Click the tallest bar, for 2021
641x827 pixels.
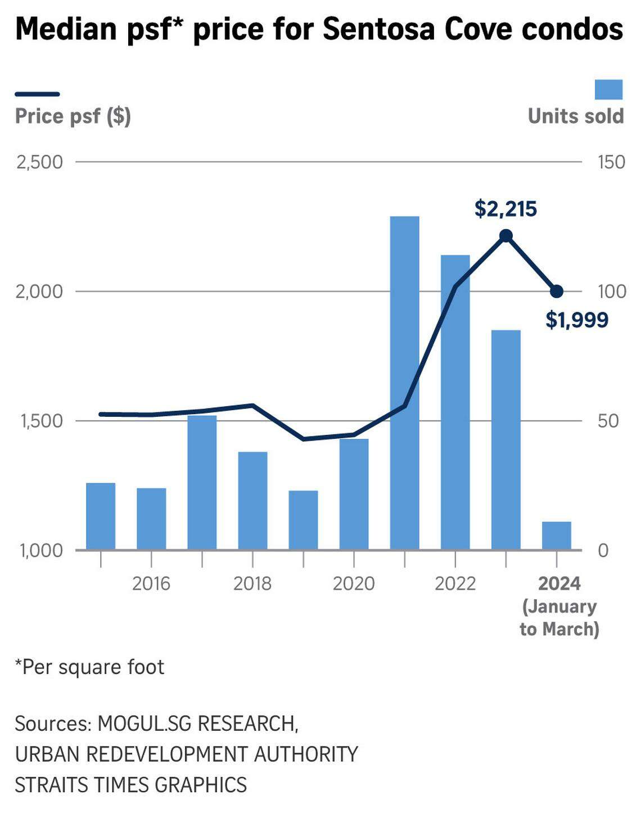coord(404,383)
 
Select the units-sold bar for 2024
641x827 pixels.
coord(556,536)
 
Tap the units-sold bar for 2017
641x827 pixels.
coord(202,482)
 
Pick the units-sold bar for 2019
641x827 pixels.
coord(303,520)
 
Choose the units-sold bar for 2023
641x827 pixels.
coord(505,439)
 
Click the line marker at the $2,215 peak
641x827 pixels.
coord(505,236)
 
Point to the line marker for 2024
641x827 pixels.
coord(557,291)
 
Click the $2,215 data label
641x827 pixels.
coord(505,209)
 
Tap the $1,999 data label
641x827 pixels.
coord(577,320)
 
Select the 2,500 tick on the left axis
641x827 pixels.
coord(39,162)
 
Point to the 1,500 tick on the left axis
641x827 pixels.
coord(41,421)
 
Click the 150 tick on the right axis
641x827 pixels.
coord(611,162)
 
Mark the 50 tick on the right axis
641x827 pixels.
coord(608,421)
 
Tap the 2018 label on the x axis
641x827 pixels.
coord(252,583)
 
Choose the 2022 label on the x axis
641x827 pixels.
coord(455,583)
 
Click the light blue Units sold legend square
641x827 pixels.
coord(608,90)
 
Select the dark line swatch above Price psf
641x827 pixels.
coord(37,94)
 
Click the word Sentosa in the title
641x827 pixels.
coord(379,29)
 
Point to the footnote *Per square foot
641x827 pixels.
coord(90,667)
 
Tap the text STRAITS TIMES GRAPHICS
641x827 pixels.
coord(130,784)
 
